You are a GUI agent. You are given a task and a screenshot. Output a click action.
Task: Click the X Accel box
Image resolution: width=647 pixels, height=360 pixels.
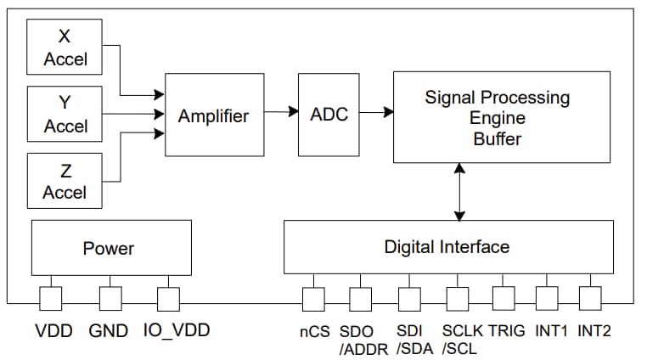65,47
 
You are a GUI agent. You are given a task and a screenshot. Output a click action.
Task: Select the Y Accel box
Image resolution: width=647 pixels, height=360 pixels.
65,114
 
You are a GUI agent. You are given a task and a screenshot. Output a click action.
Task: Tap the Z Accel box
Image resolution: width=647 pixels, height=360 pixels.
65,180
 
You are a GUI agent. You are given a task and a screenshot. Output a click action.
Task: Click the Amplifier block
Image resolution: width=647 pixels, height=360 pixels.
213,115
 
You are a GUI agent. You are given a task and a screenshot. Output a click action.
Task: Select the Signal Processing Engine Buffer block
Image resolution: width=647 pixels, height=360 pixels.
501,117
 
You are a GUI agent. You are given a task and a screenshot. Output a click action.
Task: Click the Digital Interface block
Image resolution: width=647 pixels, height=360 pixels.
447,247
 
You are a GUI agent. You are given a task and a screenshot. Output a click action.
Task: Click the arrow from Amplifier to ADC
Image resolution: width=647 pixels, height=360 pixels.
280,111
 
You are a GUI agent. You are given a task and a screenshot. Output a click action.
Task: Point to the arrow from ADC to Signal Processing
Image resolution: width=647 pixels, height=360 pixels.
377,111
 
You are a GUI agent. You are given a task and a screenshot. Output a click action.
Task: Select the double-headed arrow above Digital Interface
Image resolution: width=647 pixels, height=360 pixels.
459,192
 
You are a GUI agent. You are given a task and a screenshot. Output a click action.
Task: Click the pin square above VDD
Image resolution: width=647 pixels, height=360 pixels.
51,298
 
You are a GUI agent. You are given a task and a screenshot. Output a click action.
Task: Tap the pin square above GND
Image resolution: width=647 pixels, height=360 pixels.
110,298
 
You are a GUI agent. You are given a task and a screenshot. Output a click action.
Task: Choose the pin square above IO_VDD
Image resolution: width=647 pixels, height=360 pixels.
168,298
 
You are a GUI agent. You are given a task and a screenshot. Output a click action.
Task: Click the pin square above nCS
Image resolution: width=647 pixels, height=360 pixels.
314,298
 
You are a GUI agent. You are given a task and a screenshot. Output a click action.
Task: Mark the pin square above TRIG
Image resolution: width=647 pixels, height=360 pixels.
503,298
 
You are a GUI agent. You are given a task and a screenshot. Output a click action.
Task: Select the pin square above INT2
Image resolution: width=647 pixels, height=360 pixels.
590,298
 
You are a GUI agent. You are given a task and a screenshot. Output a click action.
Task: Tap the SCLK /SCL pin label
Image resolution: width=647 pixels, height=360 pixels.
462,338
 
